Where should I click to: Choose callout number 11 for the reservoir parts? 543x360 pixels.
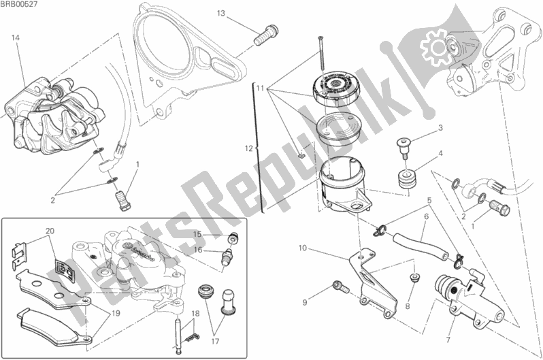coord(261,88)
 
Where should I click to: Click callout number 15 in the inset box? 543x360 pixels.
coord(197,234)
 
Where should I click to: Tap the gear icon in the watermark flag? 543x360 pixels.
coord(436,48)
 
